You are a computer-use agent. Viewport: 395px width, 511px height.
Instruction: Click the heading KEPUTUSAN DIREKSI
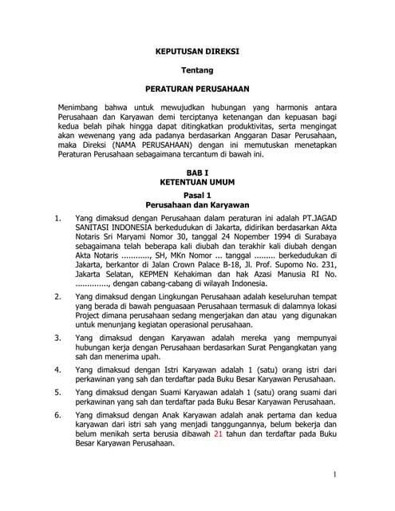(196, 51)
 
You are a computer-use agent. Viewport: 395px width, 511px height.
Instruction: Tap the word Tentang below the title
(196, 70)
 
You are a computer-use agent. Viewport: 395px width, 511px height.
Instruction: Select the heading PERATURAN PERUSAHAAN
(196, 89)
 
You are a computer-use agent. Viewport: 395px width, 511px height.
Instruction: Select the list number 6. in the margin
(57, 415)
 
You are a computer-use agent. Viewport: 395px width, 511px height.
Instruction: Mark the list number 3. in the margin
(57, 339)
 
